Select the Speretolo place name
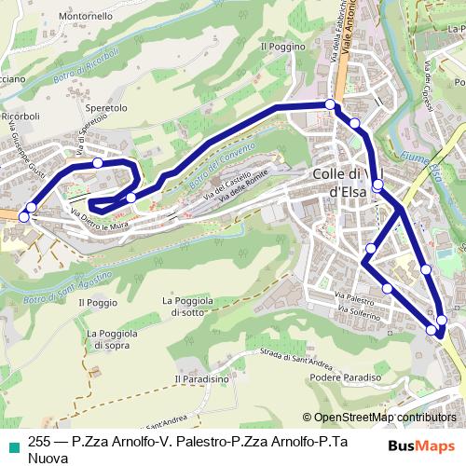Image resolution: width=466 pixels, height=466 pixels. [x=105, y=108]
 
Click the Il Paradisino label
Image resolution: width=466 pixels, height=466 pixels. [x=200, y=379]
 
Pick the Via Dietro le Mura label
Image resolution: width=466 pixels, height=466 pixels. [x=98, y=220]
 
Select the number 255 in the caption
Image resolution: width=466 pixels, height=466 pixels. [x=39, y=444]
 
